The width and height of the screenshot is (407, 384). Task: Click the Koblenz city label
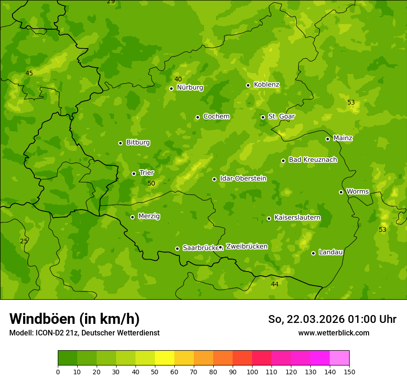266,85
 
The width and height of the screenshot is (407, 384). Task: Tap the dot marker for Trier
134,173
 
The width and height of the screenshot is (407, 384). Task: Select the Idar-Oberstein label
243,179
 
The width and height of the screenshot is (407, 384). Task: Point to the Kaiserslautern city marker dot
269,218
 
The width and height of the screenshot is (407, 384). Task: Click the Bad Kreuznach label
313,160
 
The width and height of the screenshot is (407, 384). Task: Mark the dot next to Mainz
327,139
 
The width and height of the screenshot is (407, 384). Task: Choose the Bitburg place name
138,142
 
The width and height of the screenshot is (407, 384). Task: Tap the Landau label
331,252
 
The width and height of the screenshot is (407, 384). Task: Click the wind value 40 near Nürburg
178,80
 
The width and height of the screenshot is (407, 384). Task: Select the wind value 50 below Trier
151,184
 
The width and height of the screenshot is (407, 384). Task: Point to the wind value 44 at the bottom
275,284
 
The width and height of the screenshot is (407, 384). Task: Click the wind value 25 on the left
24,241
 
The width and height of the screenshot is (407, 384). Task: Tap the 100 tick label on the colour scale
252,372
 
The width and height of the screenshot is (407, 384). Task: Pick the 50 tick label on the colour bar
155,372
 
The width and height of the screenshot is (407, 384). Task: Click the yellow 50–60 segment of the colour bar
165,358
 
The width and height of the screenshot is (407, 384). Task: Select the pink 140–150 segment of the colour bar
339,358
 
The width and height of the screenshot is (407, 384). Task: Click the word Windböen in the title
42,319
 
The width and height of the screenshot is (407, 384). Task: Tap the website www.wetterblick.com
333,333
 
